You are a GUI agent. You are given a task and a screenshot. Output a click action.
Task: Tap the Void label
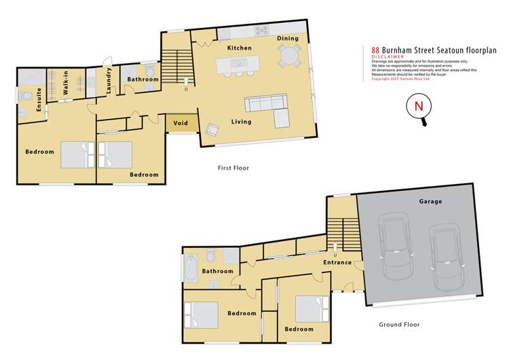pos(181,124)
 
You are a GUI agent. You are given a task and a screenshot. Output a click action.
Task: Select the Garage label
pos(430,202)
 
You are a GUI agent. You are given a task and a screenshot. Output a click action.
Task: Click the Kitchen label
pos(239,48)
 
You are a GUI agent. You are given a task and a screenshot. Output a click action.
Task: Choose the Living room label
pos(241,122)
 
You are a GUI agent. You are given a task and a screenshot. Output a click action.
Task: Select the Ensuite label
pos(29,101)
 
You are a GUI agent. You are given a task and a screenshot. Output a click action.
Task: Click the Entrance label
pos(337,262)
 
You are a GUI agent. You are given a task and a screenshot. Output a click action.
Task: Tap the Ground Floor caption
pos(398,325)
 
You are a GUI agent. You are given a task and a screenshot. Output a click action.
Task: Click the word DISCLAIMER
pos(388,57)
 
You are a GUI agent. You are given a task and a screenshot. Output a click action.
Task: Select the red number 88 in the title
pos(375,50)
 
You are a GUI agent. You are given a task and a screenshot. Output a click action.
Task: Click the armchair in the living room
pos(212,129)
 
